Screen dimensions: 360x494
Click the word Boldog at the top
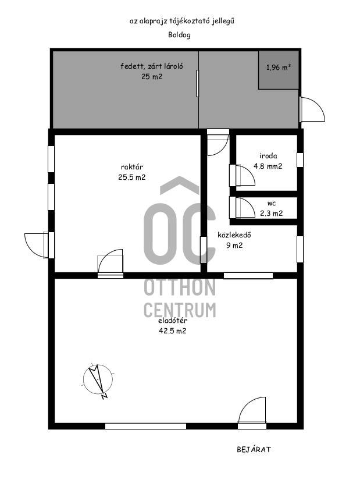tap(179, 35)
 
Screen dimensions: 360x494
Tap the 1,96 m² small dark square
tap(279, 70)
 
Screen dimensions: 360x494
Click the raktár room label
tap(132, 167)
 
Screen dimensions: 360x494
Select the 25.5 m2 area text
tap(132, 177)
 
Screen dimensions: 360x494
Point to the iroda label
tap(268, 155)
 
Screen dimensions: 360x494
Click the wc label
tap(272, 204)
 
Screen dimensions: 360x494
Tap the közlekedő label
tap(234, 235)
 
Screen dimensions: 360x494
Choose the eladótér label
tap(173, 321)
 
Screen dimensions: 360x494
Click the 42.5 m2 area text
tap(173, 331)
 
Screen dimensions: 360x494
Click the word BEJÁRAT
tap(254, 450)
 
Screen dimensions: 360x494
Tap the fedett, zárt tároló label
tap(152, 66)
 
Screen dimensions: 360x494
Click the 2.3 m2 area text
tap(272, 214)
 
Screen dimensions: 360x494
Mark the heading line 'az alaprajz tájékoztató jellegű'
tap(181, 22)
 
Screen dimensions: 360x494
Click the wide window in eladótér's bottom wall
tap(145, 427)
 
